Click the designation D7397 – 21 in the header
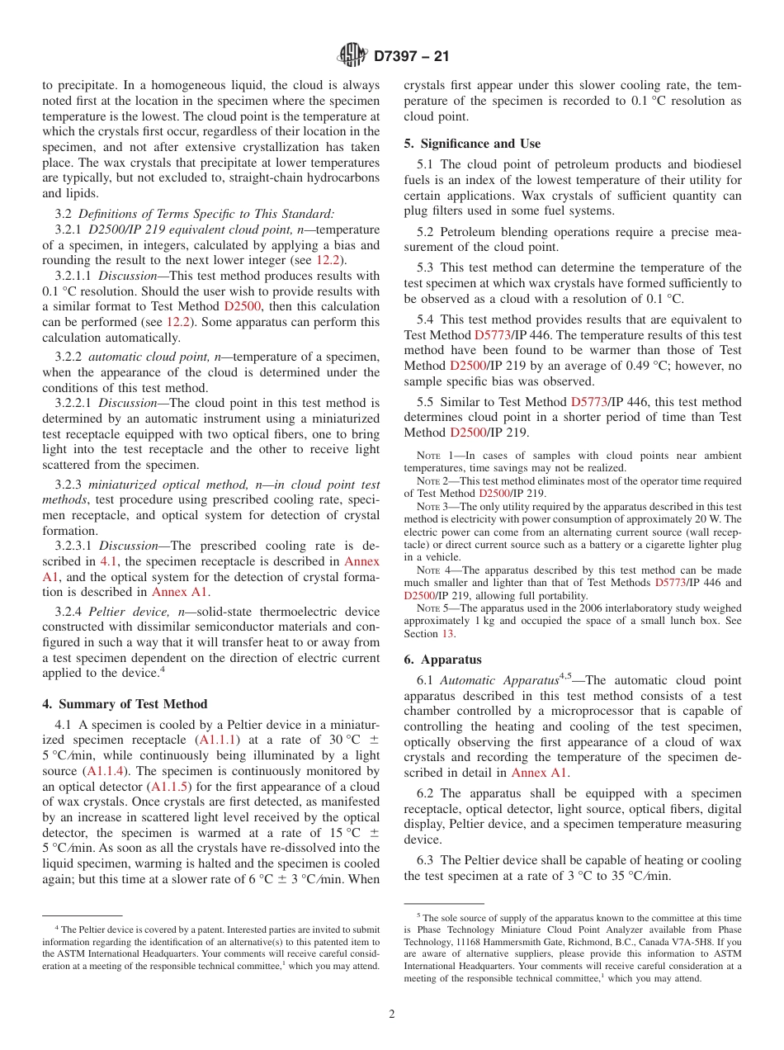(x=411, y=57)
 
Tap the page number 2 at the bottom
(x=392, y=1015)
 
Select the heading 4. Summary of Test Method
(x=125, y=704)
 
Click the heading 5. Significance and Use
(x=472, y=144)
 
